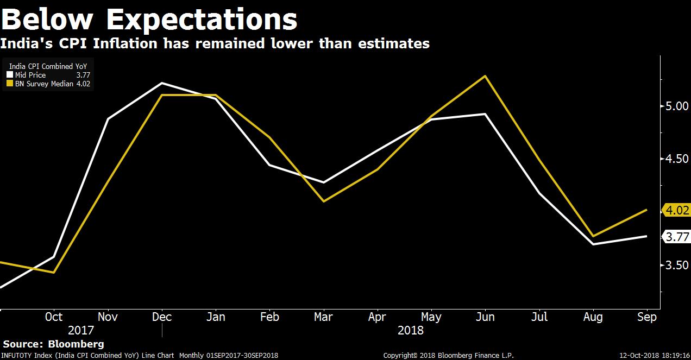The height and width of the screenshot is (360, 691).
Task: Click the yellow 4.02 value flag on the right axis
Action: click(677, 210)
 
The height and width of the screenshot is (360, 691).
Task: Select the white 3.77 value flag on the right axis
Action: click(677, 237)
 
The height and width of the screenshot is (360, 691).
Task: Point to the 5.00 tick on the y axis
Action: click(677, 106)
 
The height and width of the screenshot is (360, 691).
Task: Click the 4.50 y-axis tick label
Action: click(677, 159)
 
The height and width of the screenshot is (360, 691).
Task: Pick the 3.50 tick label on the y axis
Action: click(677, 265)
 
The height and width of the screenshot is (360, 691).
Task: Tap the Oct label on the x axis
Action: click(54, 317)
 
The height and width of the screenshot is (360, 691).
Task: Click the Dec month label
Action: click(161, 317)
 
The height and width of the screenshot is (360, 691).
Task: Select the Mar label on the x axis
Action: click(323, 317)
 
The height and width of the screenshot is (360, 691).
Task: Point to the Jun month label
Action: click(485, 317)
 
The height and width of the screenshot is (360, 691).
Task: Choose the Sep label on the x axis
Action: click(646, 317)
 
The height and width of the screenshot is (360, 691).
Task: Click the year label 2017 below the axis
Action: click(80, 330)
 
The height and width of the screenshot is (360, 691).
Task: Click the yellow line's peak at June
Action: click(485, 76)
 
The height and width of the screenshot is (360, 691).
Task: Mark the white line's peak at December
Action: click(161, 83)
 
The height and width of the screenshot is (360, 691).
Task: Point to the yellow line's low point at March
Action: click(324, 201)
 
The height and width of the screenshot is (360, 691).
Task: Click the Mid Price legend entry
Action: click(30, 75)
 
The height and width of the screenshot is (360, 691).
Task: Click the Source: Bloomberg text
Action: click(53, 344)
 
